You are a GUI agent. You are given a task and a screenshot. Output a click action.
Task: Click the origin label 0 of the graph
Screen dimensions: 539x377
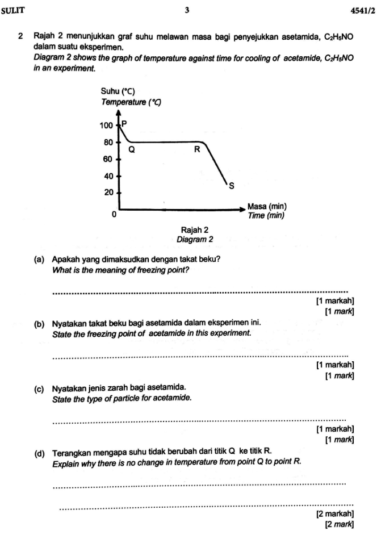pos(114,215)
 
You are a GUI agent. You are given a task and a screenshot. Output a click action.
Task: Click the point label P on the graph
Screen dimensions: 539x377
pos(125,123)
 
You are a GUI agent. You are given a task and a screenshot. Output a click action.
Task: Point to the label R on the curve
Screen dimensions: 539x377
pos(197,150)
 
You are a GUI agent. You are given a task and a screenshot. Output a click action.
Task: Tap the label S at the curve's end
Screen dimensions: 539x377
pos(231,185)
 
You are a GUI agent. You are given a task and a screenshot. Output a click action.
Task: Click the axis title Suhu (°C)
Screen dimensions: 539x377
pos(117,92)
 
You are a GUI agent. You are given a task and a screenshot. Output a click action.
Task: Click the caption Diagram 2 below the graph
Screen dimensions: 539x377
pos(195,239)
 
